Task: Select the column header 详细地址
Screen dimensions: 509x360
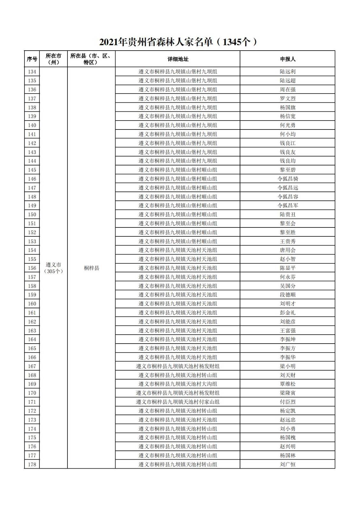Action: [x=178, y=59]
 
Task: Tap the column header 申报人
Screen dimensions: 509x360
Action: [x=287, y=59]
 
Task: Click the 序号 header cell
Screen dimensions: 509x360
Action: [x=32, y=59]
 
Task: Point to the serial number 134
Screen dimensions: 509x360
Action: [x=32, y=72]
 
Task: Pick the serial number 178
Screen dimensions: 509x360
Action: [x=32, y=464]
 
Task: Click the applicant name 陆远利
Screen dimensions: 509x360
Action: [x=287, y=72]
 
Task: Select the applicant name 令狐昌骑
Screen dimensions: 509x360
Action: [x=287, y=179]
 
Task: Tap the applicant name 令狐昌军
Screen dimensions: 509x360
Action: [x=287, y=206]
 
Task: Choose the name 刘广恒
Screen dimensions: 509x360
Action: [x=287, y=464]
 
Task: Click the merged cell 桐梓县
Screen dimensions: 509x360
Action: [x=91, y=268]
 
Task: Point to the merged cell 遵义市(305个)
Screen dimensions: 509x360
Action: [x=53, y=268]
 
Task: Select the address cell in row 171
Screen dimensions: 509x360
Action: [x=178, y=402]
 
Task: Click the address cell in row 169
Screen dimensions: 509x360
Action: [x=178, y=384]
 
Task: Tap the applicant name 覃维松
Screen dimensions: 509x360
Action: [x=287, y=384]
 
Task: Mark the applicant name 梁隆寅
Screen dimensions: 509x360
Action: [x=287, y=393]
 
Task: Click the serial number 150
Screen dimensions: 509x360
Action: [x=32, y=214]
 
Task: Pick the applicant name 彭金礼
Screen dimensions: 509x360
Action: [x=287, y=313]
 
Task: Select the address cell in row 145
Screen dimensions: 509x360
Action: [x=178, y=170]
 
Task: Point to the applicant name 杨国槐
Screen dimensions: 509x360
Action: [x=287, y=438]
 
